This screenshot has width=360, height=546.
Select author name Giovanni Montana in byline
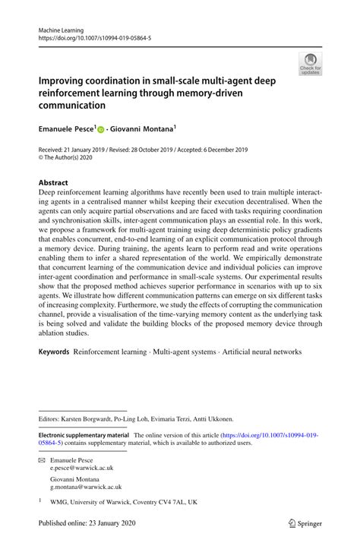click(x=144, y=130)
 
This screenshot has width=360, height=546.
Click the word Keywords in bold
click(x=54, y=352)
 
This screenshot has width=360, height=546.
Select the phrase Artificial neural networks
click(x=260, y=352)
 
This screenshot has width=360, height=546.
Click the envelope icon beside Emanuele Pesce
click(x=42, y=460)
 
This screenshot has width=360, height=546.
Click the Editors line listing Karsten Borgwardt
click(x=136, y=418)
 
